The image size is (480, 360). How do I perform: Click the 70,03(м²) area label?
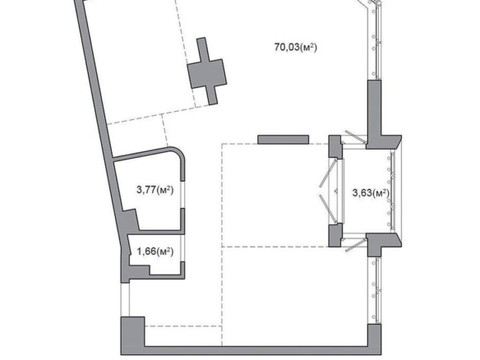pyautogui.click(x=295, y=48)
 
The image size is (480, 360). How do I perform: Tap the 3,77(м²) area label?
pyautogui.click(x=155, y=190)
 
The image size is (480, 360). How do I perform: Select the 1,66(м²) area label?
pyautogui.click(x=155, y=252)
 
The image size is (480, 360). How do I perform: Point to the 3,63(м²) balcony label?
pyautogui.click(x=371, y=193)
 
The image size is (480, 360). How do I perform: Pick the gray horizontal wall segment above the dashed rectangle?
pyautogui.click(x=284, y=140)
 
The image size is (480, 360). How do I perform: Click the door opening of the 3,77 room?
pyautogui.click(x=182, y=195)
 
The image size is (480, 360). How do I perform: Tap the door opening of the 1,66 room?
pyautogui.click(x=182, y=248)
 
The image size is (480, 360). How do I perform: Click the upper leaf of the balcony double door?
pyautogui.click(x=329, y=173)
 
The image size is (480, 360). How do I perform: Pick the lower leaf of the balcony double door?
pyautogui.click(x=329, y=209)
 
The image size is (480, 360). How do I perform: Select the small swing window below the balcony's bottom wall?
pyautogui.click(x=356, y=245)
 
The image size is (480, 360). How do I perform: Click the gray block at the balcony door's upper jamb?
pyautogui.click(x=335, y=146)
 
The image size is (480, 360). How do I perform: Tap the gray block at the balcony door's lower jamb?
pyautogui.click(x=335, y=235)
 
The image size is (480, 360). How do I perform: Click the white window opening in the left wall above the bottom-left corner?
pyautogui.click(x=125, y=300)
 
